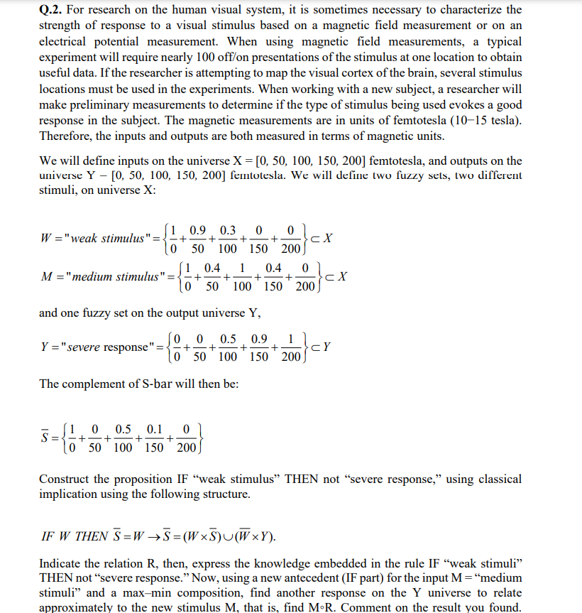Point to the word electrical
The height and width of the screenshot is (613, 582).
click(64, 41)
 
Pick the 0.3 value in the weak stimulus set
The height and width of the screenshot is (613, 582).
click(229, 231)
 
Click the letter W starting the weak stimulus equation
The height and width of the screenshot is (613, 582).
click(45, 238)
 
